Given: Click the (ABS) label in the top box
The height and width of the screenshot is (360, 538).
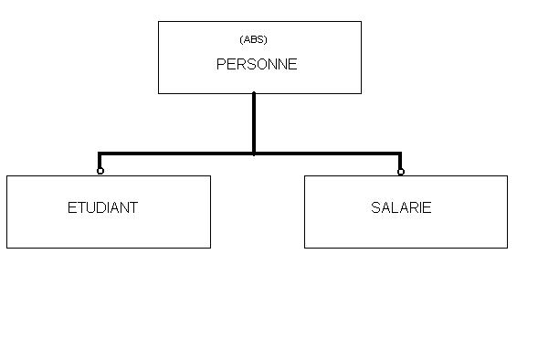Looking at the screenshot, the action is tap(253, 39).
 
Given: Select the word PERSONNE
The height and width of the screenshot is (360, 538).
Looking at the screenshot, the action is tap(257, 64).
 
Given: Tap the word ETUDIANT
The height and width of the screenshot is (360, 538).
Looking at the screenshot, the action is tap(102, 207).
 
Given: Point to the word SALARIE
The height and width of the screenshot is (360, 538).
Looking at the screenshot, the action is tap(401, 207).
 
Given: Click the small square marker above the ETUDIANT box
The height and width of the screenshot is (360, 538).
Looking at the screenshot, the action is tap(100, 171).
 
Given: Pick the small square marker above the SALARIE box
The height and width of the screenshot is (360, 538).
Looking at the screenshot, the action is tap(401, 172).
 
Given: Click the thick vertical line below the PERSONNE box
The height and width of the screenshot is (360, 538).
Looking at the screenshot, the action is tap(254, 123).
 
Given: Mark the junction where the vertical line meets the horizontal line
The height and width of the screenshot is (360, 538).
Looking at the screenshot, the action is tap(254, 154).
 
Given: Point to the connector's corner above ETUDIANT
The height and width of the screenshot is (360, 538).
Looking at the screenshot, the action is tap(100, 154).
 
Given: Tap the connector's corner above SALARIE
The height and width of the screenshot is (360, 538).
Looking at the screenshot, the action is tap(400, 154).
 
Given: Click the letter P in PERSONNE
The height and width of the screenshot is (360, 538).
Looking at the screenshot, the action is tap(221, 64).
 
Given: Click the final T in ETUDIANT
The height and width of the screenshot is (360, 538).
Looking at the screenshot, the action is tap(133, 207).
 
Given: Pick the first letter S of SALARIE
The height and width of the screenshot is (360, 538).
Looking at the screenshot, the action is tap(375, 207).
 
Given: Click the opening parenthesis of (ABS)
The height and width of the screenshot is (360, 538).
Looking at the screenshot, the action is tap(241, 40).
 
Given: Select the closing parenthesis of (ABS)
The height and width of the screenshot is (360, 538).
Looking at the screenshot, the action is tap(266, 40).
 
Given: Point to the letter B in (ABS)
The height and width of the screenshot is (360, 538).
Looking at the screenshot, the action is tap(254, 39).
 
